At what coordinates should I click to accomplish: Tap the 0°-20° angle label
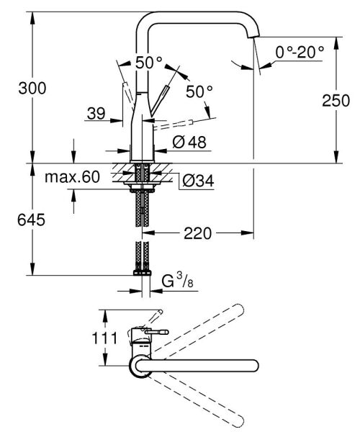point(300,51)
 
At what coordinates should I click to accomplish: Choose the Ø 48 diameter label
point(189,143)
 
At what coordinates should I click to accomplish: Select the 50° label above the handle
point(149,63)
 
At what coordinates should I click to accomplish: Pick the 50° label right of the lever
point(199,91)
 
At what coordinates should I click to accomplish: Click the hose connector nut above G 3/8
point(140,274)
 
